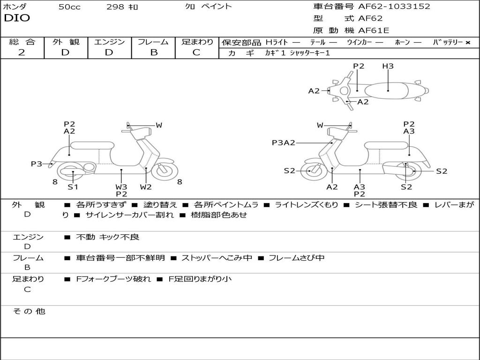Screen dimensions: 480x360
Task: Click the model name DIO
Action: (17, 18)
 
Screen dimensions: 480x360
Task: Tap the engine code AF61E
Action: (374, 31)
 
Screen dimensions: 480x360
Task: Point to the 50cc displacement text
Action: (69, 7)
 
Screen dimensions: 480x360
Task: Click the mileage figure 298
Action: (115, 7)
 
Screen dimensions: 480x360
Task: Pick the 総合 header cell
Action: (22, 42)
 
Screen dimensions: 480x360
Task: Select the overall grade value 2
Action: (22, 52)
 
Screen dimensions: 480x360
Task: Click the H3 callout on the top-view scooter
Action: (388, 67)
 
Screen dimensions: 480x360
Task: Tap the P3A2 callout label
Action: (283, 143)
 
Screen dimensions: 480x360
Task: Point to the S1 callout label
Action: (73, 187)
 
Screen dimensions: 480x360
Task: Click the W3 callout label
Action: (121, 187)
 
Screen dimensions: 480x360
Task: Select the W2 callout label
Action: (146, 187)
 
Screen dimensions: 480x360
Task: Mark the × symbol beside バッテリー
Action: (468, 43)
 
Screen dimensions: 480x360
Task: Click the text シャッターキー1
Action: (310, 53)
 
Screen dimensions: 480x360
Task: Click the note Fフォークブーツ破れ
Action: (113, 279)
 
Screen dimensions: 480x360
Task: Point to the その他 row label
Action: (29, 311)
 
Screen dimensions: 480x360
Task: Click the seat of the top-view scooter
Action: (388, 90)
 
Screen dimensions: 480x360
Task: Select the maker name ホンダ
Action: (15, 7)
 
